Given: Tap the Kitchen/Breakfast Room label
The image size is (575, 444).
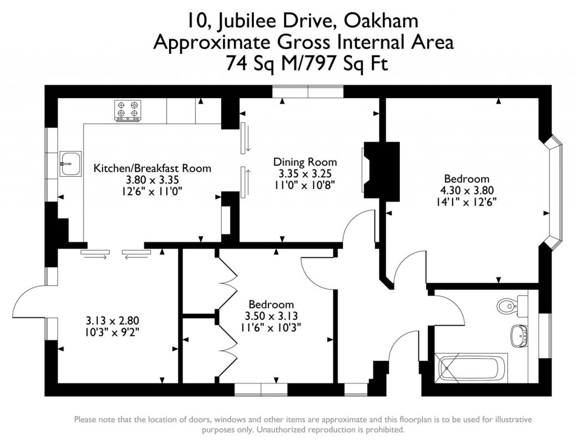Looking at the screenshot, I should [152, 168].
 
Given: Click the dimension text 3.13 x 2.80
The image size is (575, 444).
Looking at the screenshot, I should [112, 321].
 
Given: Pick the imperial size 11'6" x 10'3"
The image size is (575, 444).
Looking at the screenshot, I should [272, 328].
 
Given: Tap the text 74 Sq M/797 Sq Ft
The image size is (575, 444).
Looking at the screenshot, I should [307, 63].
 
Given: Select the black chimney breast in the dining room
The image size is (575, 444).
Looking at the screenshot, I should [382, 169].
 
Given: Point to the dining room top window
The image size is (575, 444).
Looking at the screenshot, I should [308, 92].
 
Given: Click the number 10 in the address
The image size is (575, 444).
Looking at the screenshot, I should [198, 21].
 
